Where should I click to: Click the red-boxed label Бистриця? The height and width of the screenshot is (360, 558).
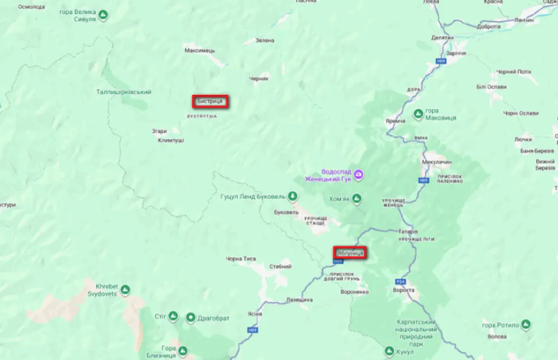coord(210,101)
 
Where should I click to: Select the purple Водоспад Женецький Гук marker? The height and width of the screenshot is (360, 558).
coord(358,175)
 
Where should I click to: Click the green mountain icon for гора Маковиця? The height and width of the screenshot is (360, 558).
coord(418,114)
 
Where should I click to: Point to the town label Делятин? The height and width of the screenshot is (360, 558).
coord(442,37)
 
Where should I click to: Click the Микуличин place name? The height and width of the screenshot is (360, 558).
coord(437,162)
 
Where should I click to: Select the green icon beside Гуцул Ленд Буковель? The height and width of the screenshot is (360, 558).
coord(293,196)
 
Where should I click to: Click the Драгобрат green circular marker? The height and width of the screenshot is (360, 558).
coord(191,316)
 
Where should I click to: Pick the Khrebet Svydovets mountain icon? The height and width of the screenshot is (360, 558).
coord(126,289)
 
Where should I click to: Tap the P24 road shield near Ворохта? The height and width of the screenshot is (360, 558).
coord(401,281)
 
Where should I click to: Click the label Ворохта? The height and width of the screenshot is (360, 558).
coord(404,290)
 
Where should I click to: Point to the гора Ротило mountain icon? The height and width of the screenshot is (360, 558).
coord(526,324)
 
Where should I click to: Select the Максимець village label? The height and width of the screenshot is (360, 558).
coord(200,51)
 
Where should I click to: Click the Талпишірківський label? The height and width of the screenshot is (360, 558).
coord(123,92)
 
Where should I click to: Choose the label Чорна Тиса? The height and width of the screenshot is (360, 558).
coord(240,258)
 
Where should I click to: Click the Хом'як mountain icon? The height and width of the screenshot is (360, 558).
coord(357,199)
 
